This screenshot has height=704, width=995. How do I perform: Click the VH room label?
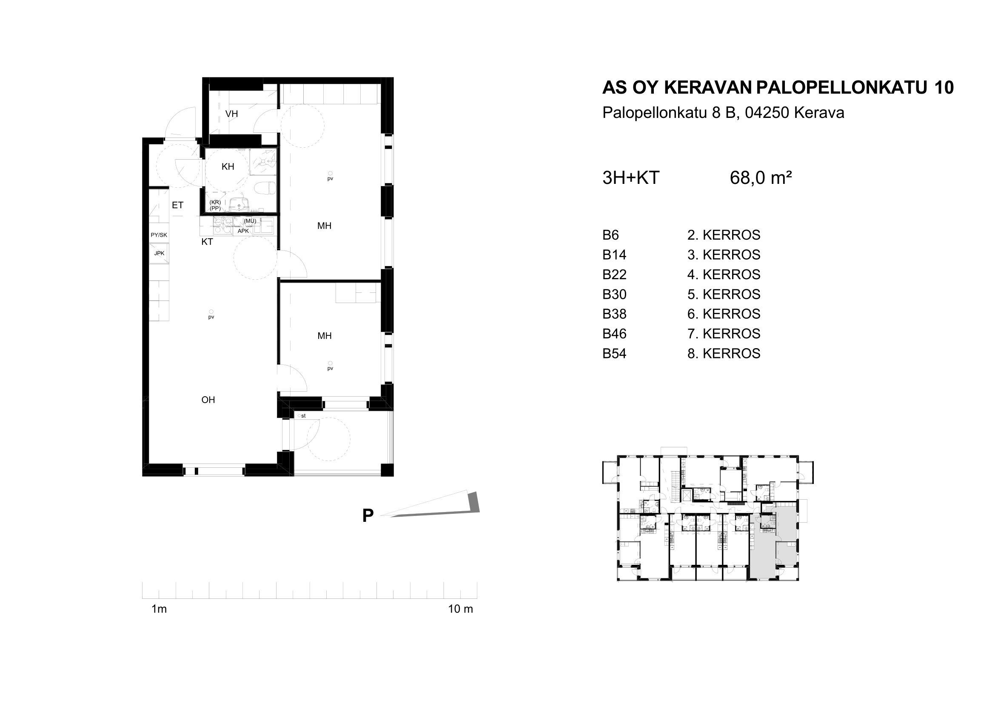231,114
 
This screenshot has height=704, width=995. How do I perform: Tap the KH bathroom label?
228,166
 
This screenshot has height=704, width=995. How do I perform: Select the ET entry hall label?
177,205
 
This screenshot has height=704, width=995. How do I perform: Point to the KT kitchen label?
207,242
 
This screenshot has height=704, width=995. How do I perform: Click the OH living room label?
208,400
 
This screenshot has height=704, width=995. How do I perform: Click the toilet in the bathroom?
265,188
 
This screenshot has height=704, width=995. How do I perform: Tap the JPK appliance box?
159,253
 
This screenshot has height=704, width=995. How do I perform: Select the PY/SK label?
159,235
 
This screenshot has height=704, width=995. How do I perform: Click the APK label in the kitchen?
243,231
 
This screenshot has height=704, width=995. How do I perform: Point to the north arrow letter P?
368,516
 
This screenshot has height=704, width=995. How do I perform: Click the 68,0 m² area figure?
761,178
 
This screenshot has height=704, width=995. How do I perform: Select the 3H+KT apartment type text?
630,178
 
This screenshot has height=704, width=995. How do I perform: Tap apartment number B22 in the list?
615,275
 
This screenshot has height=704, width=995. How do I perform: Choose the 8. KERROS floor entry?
724,353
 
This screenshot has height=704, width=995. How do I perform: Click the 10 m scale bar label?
460,609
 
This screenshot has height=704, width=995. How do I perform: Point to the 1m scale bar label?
159,609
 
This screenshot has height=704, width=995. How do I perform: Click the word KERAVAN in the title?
708,88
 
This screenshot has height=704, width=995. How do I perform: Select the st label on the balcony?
303,416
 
